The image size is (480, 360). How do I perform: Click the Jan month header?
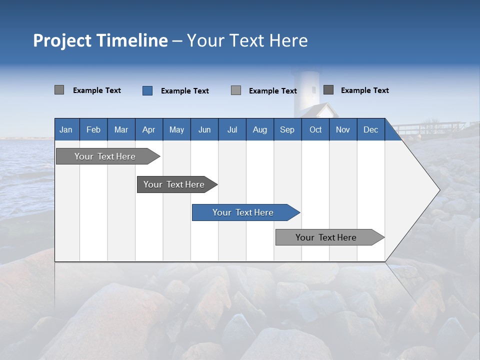pyautogui.click(x=66, y=130)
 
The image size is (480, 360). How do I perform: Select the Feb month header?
pyautogui.click(x=93, y=130)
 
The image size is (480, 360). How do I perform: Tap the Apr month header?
pyautogui.click(x=148, y=130)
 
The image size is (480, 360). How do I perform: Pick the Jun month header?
pyautogui.click(x=204, y=130)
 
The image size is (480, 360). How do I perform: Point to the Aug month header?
pyautogui.click(x=260, y=130)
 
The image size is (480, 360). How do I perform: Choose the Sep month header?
pyautogui.click(x=287, y=130)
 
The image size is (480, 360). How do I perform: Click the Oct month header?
pyautogui.click(x=315, y=130)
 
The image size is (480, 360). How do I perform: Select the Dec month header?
pyautogui.click(x=370, y=130)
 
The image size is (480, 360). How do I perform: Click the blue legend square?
pyautogui.click(x=147, y=90)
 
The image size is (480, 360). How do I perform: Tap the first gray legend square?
pyautogui.click(x=59, y=90)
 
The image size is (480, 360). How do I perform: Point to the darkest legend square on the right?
pyautogui.click(x=328, y=90)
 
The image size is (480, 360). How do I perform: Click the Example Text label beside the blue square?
pyautogui.click(x=184, y=91)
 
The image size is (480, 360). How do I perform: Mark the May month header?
pyautogui.click(x=176, y=130)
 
